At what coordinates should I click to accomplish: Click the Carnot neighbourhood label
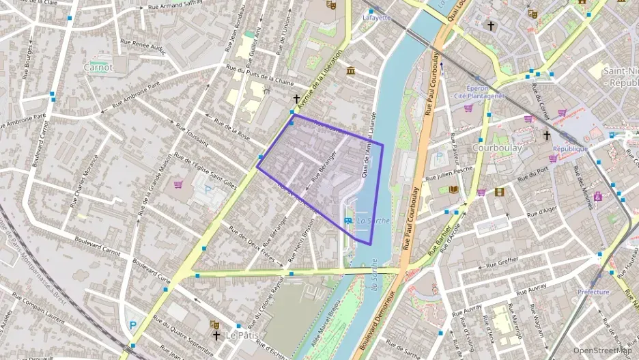98,67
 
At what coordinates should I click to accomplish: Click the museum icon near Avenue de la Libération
350,72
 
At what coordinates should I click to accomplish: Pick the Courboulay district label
497,148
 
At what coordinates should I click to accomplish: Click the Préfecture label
593,292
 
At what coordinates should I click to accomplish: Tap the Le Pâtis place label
240,335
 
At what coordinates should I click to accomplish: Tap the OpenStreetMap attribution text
602,350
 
